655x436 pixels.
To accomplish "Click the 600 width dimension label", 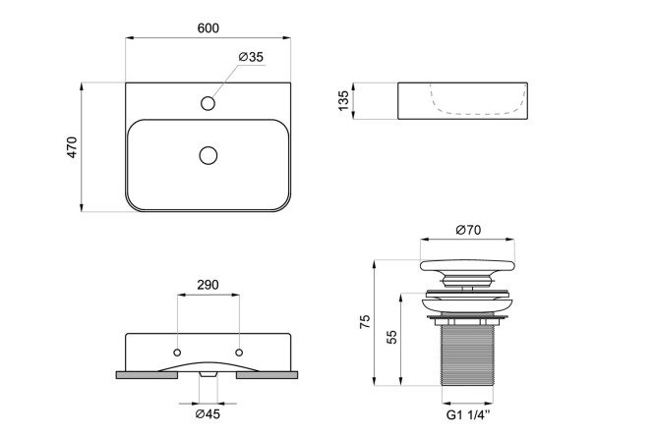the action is point(208,27).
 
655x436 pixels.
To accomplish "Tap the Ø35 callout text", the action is point(252,57).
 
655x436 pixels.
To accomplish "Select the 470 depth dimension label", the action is point(72,147).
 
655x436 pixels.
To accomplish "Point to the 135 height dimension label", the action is point(343,100).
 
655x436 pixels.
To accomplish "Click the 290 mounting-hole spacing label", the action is point(208,285).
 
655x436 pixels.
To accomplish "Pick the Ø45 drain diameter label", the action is point(208,414).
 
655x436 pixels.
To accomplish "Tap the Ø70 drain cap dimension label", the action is point(468,230).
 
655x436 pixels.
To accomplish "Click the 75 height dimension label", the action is point(365,322).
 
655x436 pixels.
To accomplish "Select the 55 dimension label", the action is point(391,337).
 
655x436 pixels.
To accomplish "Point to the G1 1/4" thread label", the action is point(468,415).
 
